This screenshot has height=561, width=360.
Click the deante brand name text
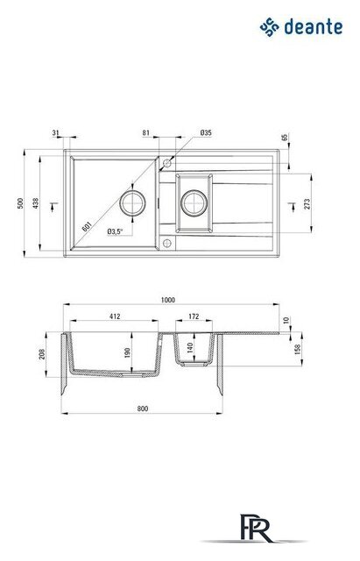[x=314, y=27]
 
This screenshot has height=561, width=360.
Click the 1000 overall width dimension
[x=168, y=300]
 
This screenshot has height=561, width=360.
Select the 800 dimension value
[x=142, y=408]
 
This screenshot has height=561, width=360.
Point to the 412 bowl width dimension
[x=115, y=316]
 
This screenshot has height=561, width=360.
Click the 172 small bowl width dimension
[x=194, y=316]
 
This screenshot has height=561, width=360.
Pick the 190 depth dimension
[x=127, y=352]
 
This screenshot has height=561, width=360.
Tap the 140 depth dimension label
[x=190, y=347]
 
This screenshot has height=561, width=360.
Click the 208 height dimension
[x=42, y=354]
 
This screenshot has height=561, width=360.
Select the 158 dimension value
[x=297, y=349]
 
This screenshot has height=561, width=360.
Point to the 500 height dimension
[x=20, y=203]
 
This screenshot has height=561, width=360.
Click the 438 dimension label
[x=35, y=203]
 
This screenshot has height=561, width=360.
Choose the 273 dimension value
[x=307, y=204]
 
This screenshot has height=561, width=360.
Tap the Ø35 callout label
[x=206, y=132]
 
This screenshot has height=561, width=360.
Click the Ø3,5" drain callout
[x=115, y=231]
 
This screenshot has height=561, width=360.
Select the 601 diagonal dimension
[x=87, y=226]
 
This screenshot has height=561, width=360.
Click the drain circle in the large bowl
[x=132, y=203]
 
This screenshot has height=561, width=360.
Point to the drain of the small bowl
[x=194, y=203]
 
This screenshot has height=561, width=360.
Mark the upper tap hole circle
[x=167, y=164]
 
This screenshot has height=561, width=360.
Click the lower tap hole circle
[x=167, y=244]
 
